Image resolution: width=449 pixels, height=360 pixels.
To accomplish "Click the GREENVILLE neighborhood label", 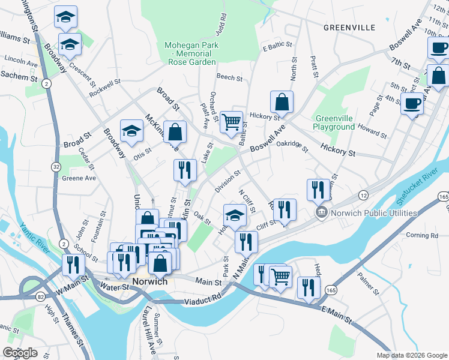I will [x=349, y=28].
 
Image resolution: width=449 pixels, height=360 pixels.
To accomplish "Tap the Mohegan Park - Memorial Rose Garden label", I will [x=191, y=53].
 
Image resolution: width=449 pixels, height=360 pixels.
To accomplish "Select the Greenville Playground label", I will [x=334, y=122].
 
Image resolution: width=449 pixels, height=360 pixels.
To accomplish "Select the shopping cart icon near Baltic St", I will [x=231, y=122].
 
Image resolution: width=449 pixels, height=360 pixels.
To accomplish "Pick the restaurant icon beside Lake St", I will [x=185, y=170].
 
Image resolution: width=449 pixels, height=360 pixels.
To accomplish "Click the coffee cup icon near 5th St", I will [x=411, y=103].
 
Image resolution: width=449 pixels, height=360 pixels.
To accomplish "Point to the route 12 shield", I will [x=363, y=196].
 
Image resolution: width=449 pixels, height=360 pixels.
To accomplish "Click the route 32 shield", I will [x=56, y=166].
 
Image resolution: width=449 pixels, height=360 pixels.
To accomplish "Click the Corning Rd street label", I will [x=422, y=235].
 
